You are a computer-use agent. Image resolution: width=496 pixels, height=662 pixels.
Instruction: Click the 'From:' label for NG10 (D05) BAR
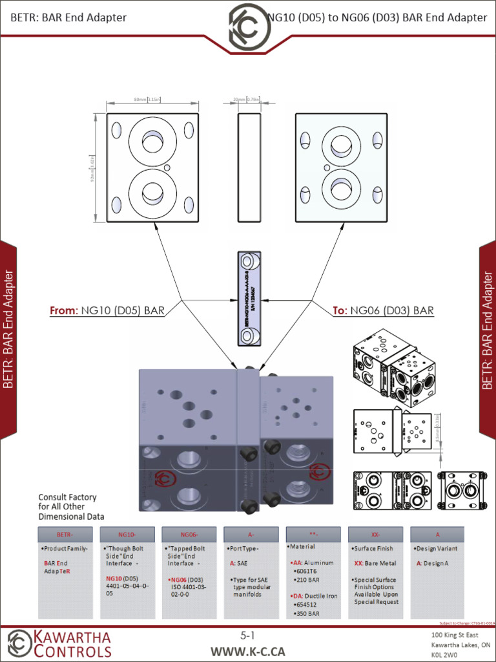coord(64,311)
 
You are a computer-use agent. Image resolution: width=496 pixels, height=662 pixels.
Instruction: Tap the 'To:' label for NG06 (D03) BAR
coord(340,311)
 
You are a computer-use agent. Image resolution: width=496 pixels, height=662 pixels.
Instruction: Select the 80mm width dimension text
coord(147,100)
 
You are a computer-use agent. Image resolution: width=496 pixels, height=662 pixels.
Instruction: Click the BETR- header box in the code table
coord(65,535)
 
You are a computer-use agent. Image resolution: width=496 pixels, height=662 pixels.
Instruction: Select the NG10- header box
coord(127,535)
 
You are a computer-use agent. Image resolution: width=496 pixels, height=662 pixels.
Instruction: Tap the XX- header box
coord(375,535)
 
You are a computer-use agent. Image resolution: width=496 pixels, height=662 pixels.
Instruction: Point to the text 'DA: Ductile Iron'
coord(315,595)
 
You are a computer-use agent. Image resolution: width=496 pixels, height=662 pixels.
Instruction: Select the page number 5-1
coord(248,636)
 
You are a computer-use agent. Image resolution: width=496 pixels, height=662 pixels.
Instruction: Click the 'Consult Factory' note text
coord(67,497)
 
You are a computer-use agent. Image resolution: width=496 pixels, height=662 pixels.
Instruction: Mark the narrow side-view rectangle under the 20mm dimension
coord(248,168)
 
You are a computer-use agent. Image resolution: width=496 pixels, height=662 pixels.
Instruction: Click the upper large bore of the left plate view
coord(153,140)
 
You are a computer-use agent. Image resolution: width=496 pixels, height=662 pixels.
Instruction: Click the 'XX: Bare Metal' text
coord(375,563)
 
